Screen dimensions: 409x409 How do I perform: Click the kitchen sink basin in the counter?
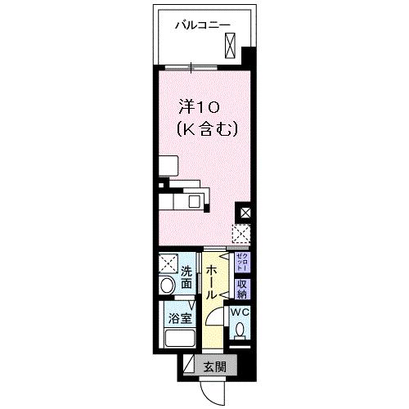(196, 200)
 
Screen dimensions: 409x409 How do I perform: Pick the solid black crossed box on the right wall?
(244, 213)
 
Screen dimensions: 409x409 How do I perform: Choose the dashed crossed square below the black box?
(241, 235)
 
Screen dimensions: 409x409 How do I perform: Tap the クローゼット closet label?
(241, 262)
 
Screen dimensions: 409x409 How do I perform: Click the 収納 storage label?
(241, 288)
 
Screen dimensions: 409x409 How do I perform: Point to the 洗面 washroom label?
(187, 277)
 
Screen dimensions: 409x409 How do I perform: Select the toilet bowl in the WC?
(239, 332)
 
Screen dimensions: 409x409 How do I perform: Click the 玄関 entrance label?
(215, 366)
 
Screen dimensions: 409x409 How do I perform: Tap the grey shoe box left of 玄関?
(190, 366)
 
